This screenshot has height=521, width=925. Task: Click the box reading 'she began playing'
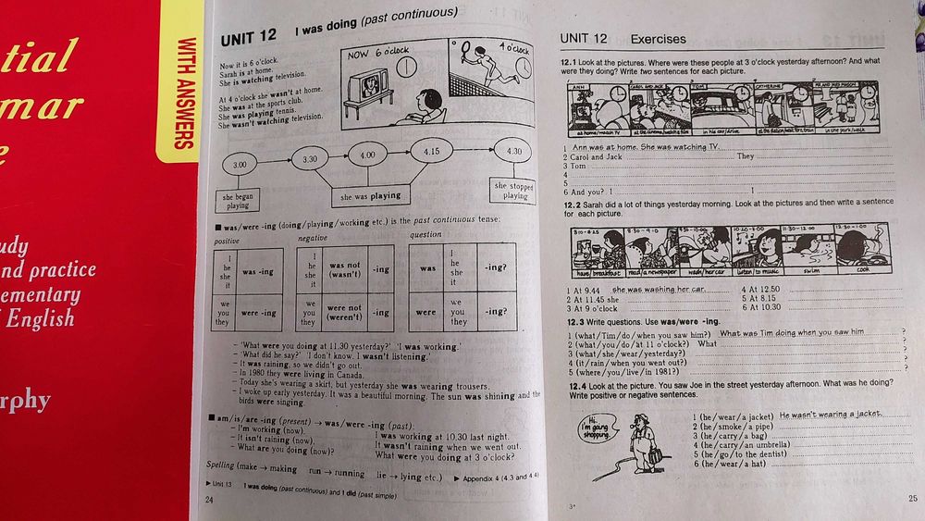tap(238, 201)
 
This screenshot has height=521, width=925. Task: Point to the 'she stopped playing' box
tap(514, 190)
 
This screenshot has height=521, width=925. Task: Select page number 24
tap(208, 500)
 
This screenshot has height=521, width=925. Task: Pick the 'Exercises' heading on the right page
tap(658, 39)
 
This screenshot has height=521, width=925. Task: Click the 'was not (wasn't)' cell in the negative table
tap(345, 269)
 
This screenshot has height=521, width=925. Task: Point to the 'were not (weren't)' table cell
tap(345, 312)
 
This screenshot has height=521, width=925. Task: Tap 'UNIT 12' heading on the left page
tap(249, 38)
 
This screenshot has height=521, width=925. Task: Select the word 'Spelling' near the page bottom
tap(220, 465)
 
